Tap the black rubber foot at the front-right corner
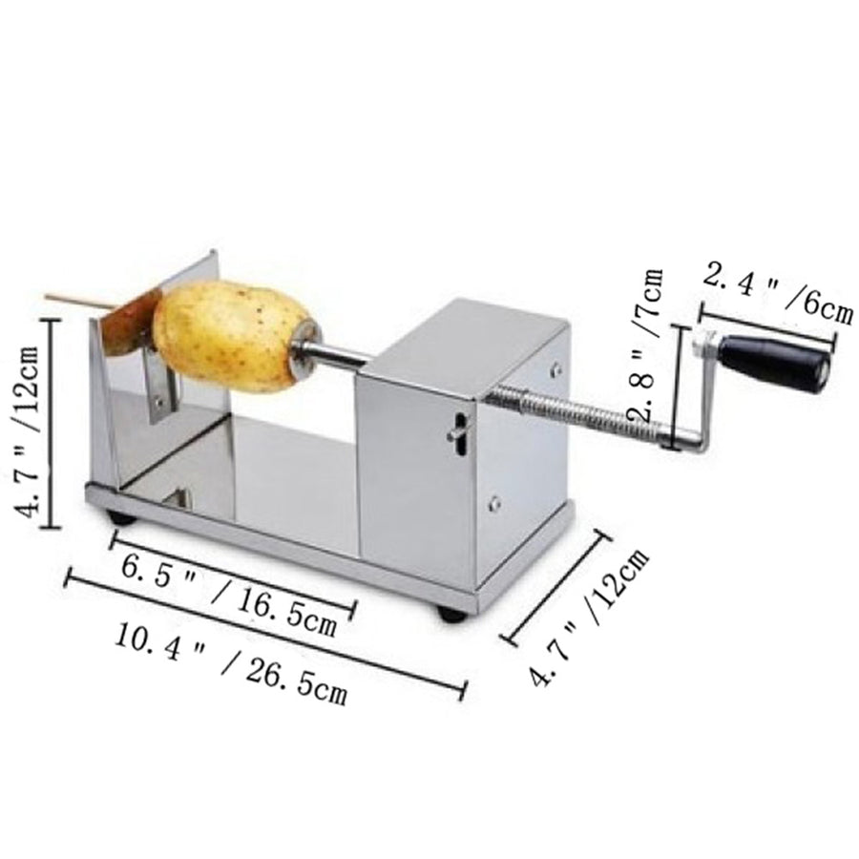click(x=452, y=614)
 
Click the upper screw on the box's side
click(x=555, y=367)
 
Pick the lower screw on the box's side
click(x=494, y=504)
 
